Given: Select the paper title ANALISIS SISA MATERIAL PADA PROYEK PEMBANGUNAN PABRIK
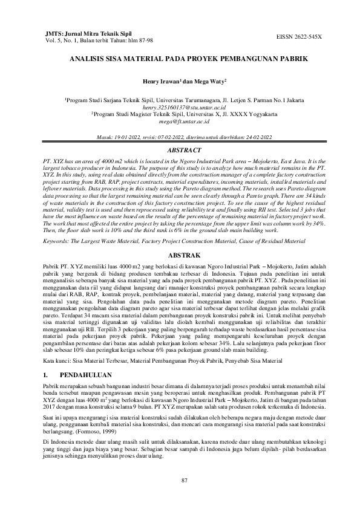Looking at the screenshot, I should coord(180,59).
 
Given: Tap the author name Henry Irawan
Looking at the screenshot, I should coord(160,80).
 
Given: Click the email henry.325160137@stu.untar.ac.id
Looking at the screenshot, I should coord(180,105).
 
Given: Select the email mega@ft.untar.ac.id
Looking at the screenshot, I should coord(180,120).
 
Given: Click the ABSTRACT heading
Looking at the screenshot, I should coord(180,148).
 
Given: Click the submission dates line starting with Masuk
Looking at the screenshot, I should coord(180,137).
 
